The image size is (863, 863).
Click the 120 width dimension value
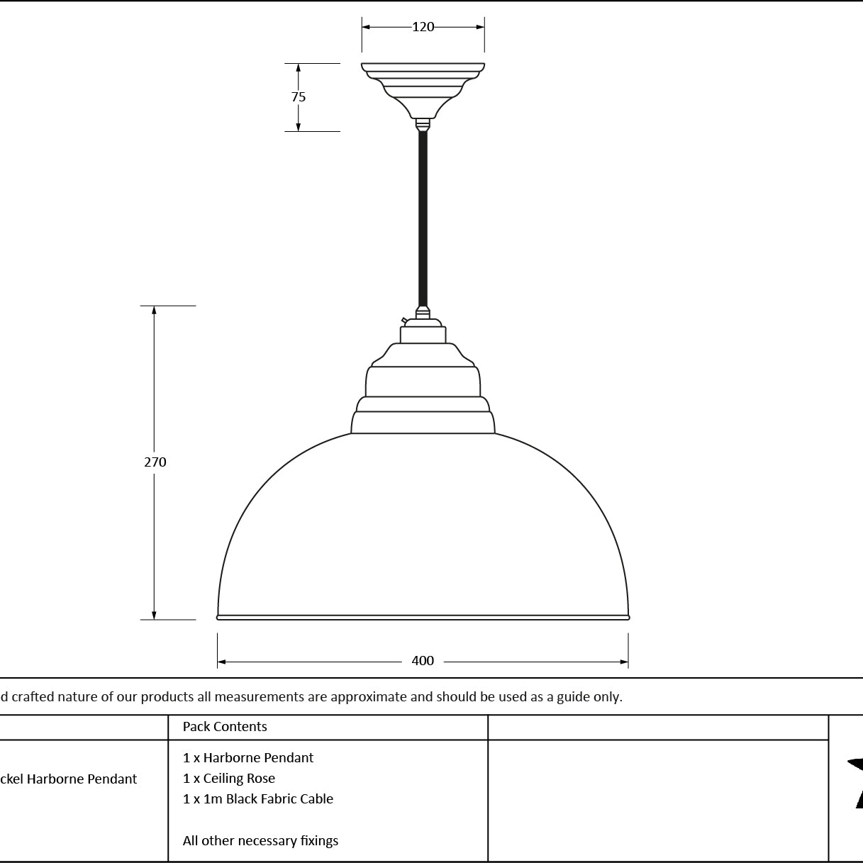423,27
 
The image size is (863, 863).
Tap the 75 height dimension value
299,96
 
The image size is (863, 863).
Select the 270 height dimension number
155,462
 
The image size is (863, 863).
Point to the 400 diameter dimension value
423,661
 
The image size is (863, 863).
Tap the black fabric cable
423,218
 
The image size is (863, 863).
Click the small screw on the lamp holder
404,320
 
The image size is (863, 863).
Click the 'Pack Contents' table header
225,726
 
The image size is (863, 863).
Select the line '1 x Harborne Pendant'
248,757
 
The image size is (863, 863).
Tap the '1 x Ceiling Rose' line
229,779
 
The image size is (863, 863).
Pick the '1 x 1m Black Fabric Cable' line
258,798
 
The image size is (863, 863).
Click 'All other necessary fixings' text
260,840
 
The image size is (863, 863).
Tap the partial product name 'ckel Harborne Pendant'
68,779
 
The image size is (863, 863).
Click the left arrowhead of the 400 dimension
221,662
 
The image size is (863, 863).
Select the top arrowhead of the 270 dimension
154,311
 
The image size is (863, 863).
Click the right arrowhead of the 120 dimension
480,27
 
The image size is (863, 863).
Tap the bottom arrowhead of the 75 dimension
299,127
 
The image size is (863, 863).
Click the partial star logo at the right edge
855,784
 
